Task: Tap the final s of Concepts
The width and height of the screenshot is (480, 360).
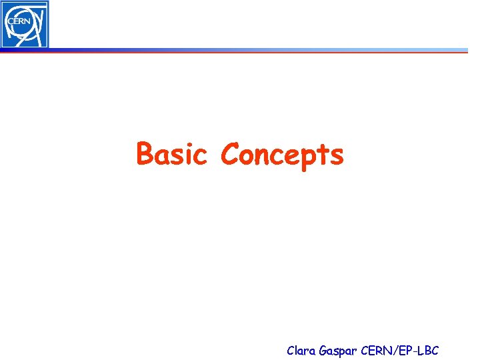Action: click(x=336, y=157)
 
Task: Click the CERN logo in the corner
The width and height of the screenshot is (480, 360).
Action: click(x=25, y=24)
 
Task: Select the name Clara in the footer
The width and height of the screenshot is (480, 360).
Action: click(x=301, y=349)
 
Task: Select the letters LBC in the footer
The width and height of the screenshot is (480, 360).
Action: click(x=427, y=349)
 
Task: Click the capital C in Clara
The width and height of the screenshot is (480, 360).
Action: click(x=291, y=349)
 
